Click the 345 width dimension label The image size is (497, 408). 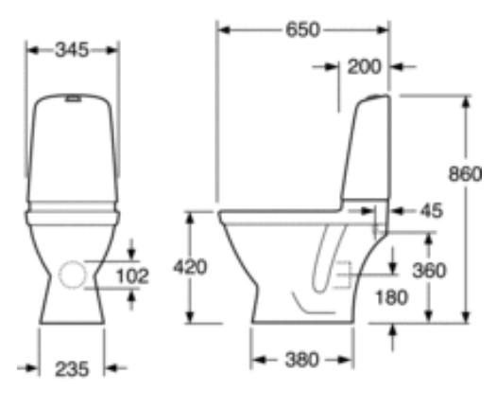[72, 50]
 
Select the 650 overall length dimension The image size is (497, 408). [302, 30]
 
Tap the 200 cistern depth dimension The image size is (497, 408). [364, 67]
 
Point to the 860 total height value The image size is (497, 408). [465, 174]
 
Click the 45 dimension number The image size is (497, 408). [432, 210]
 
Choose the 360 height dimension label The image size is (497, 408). [429, 271]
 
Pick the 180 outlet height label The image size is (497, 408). [392, 297]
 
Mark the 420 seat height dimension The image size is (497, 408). [190, 267]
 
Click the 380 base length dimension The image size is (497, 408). [301, 360]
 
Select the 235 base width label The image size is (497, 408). [72, 369]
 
